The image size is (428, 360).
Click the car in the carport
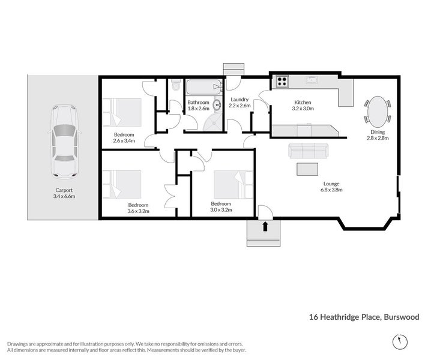64,142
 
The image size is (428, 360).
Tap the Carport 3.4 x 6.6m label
64,193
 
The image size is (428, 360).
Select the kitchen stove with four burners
282,82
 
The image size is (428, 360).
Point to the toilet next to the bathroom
176,85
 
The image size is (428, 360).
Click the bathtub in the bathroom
205,87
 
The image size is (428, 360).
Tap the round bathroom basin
217,104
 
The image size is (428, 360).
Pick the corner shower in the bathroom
213,121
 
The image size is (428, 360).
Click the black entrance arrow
265,227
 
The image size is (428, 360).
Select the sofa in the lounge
308,151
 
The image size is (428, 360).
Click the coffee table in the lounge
307,169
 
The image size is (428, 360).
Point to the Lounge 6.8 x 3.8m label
331,187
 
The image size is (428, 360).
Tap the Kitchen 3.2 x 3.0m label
303,106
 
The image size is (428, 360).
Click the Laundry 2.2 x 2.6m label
240,103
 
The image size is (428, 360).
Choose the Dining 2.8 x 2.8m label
378,135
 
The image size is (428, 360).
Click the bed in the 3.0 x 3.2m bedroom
234,185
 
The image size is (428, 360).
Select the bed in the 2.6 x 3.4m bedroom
122,112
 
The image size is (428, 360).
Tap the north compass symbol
400,341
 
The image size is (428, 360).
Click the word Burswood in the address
402,317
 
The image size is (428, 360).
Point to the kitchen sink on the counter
311,80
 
